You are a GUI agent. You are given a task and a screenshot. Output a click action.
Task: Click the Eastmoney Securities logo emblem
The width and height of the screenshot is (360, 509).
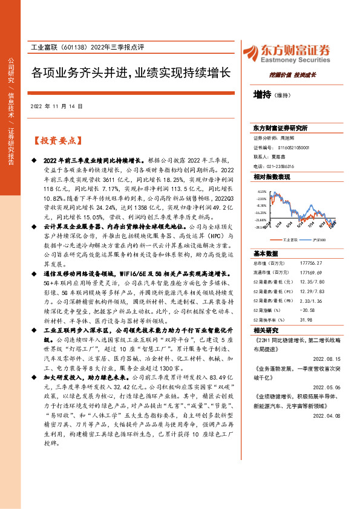click(253, 52)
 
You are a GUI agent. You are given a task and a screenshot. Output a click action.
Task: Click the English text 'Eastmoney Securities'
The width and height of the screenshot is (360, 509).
click(296, 60)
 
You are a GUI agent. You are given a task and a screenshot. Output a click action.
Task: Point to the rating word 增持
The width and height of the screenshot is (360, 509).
click(262, 95)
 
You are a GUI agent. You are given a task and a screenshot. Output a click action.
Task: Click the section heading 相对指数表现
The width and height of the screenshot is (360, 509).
click(272, 177)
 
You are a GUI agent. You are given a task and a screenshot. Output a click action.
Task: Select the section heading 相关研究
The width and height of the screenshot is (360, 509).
click(266, 331)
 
